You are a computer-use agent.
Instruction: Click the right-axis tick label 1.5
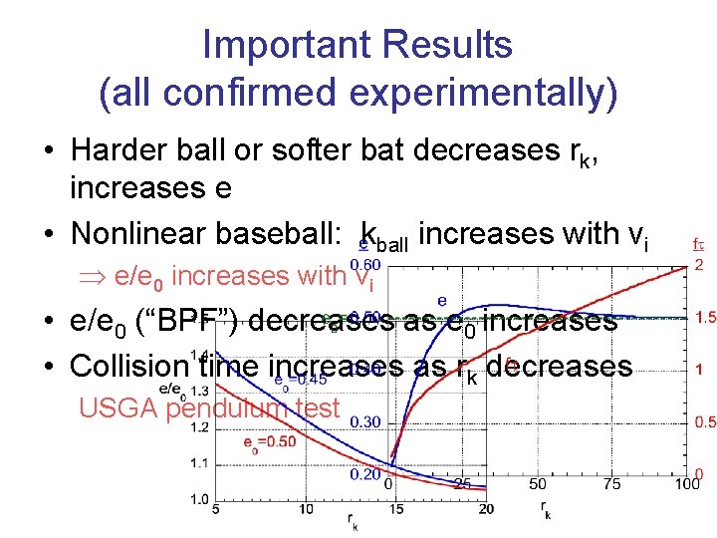point(705,317)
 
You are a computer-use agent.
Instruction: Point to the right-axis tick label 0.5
point(705,422)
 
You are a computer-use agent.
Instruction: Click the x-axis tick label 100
point(686,485)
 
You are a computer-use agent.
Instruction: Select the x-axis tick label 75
point(611,485)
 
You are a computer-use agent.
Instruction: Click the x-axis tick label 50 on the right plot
point(537,485)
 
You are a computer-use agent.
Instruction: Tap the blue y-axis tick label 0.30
point(364,422)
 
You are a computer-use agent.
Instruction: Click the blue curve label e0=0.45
point(301,379)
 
